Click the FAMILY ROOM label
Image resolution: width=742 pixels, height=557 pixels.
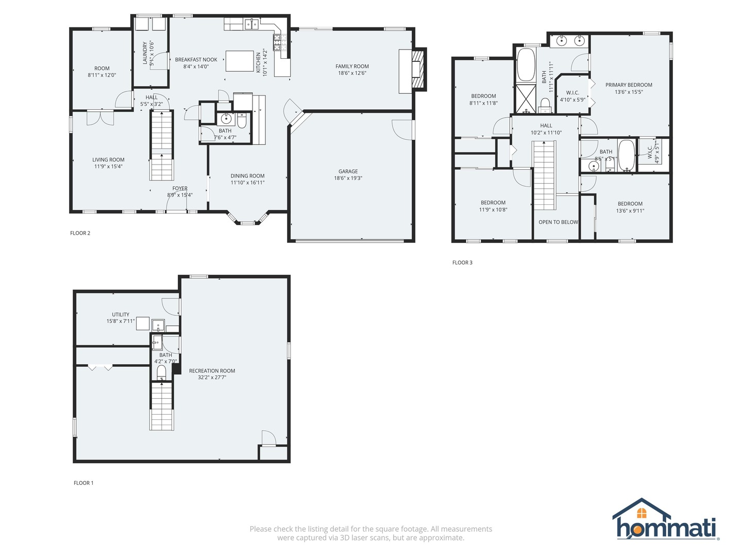point(352,67)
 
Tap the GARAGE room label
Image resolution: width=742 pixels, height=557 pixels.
point(348,171)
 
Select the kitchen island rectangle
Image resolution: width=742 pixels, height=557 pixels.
point(240,61)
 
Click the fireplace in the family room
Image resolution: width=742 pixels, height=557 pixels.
point(418,70)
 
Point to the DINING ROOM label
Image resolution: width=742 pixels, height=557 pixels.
point(247,176)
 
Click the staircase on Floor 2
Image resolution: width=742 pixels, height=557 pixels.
point(162,145)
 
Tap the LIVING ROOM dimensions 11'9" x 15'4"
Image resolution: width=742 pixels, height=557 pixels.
point(108,167)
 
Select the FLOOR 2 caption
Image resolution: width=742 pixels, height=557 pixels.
point(80,233)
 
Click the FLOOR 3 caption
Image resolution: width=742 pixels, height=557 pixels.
point(462,263)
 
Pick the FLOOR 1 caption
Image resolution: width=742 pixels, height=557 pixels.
point(83,483)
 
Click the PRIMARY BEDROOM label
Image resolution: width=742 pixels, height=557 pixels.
point(629,85)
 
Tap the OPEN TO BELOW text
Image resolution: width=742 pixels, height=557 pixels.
point(558,222)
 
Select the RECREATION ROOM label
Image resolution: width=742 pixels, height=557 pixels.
point(212,371)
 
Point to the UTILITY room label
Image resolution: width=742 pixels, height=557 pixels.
point(121,315)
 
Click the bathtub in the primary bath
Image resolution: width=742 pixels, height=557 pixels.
point(526,65)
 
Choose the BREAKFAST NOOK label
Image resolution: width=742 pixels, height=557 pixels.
point(196,60)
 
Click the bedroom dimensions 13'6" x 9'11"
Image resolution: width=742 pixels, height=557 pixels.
point(630,211)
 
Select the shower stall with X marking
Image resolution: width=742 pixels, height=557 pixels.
point(526,99)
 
